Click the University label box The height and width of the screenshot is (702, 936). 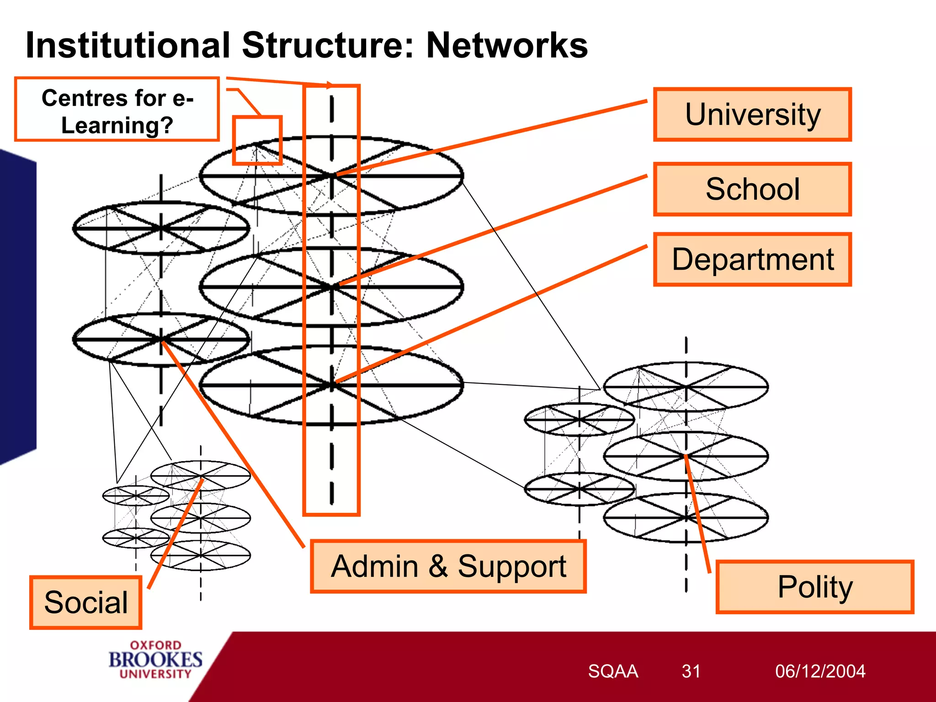pos(752,114)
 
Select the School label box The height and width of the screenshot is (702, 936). pos(752,189)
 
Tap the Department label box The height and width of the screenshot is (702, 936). pos(752,260)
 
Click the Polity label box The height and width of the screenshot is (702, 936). pos(814,587)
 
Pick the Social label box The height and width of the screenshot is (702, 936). pos(86,602)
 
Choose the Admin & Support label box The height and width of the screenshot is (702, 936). pos(448,567)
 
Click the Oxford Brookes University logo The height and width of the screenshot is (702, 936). pos(155,659)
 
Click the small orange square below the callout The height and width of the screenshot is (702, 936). pos(257,140)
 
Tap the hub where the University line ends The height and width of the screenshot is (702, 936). pos(333,175)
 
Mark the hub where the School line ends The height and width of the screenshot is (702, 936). pos(333,287)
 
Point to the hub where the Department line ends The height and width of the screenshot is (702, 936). pos(333,384)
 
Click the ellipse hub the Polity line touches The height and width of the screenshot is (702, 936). pos(686,456)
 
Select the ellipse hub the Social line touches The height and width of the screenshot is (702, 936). pos(201,478)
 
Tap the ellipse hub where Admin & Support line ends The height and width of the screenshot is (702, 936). pos(161,339)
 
